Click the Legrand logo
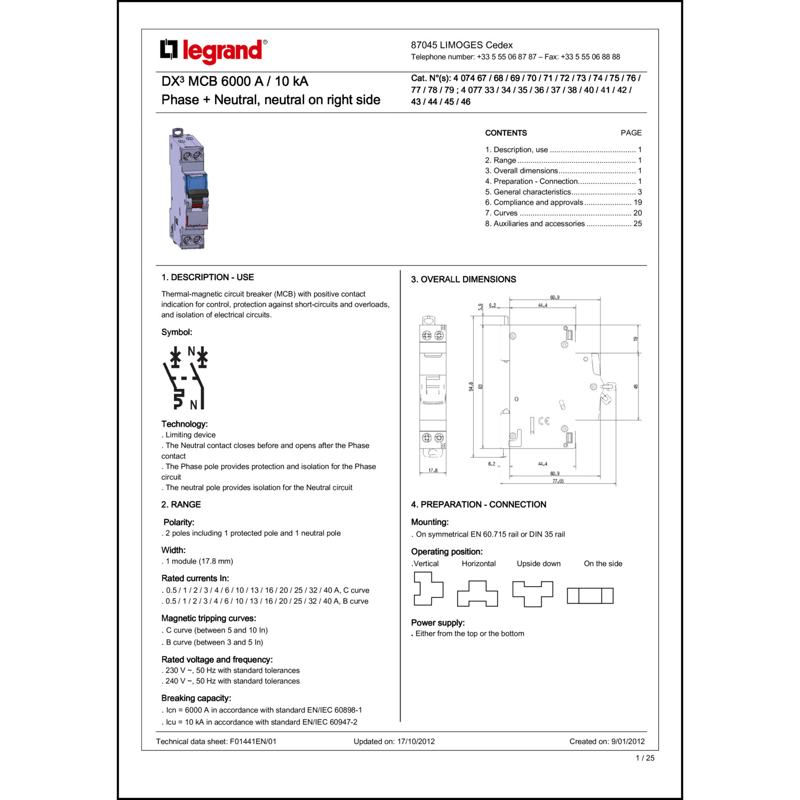pyautogui.click(x=213, y=51)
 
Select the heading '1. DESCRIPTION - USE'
pyautogui.click(x=207, y=277)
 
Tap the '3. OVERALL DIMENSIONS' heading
pyautogui.click(x=463, y=279)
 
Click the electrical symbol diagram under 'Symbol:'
pyautogui.click(x=186, y=378)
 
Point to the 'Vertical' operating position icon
pyautogui.click(x=428, y=588)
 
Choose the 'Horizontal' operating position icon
pyautogui.click(x=477, y=594)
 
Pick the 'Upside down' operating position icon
pyautogui.click(x=532, y=594)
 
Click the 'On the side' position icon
pyautogui.click(x=590, y=596)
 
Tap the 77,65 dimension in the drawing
pyautogui.click(x=558, y=481)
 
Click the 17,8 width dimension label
pyautogui.click(x=433, y=470)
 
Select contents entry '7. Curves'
pyautogui.click(x=501, y=213)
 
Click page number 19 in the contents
pyautogui.click(x=637, y=202)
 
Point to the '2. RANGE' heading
pyautogui.click(x=181, y=505)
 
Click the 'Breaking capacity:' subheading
pyautogui.click(x=196, y=698)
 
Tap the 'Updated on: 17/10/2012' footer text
pyautogui.click(x=394, y=741)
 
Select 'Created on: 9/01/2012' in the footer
pyautogui.click(x=607, y=741)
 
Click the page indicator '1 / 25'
pyautogui.click(x=645, y=758)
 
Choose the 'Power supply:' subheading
pyautogui.click(x=438, y=623)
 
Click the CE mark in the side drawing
pyautogui.click(x=543, y=421)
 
